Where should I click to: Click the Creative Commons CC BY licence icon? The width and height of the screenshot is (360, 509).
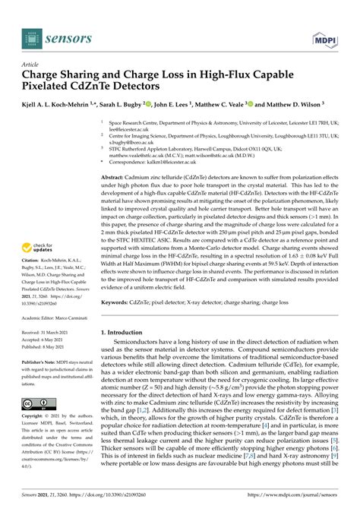37,403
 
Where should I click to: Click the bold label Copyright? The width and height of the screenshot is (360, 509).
36,417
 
